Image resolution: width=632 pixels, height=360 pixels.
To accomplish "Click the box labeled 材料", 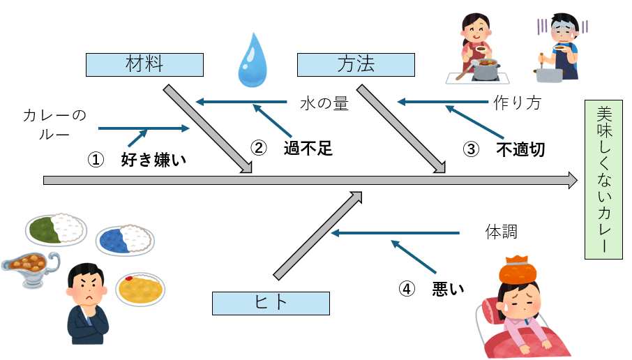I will point(144,64).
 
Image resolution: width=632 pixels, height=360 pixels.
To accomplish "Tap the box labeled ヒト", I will point(271,303).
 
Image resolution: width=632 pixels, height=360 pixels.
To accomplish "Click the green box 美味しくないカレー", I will point(603,180).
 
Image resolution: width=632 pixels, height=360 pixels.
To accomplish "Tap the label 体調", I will point(501,231).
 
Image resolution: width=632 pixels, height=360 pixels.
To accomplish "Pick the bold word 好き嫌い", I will point(155,160).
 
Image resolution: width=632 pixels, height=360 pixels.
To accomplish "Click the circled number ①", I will point(95,160).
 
